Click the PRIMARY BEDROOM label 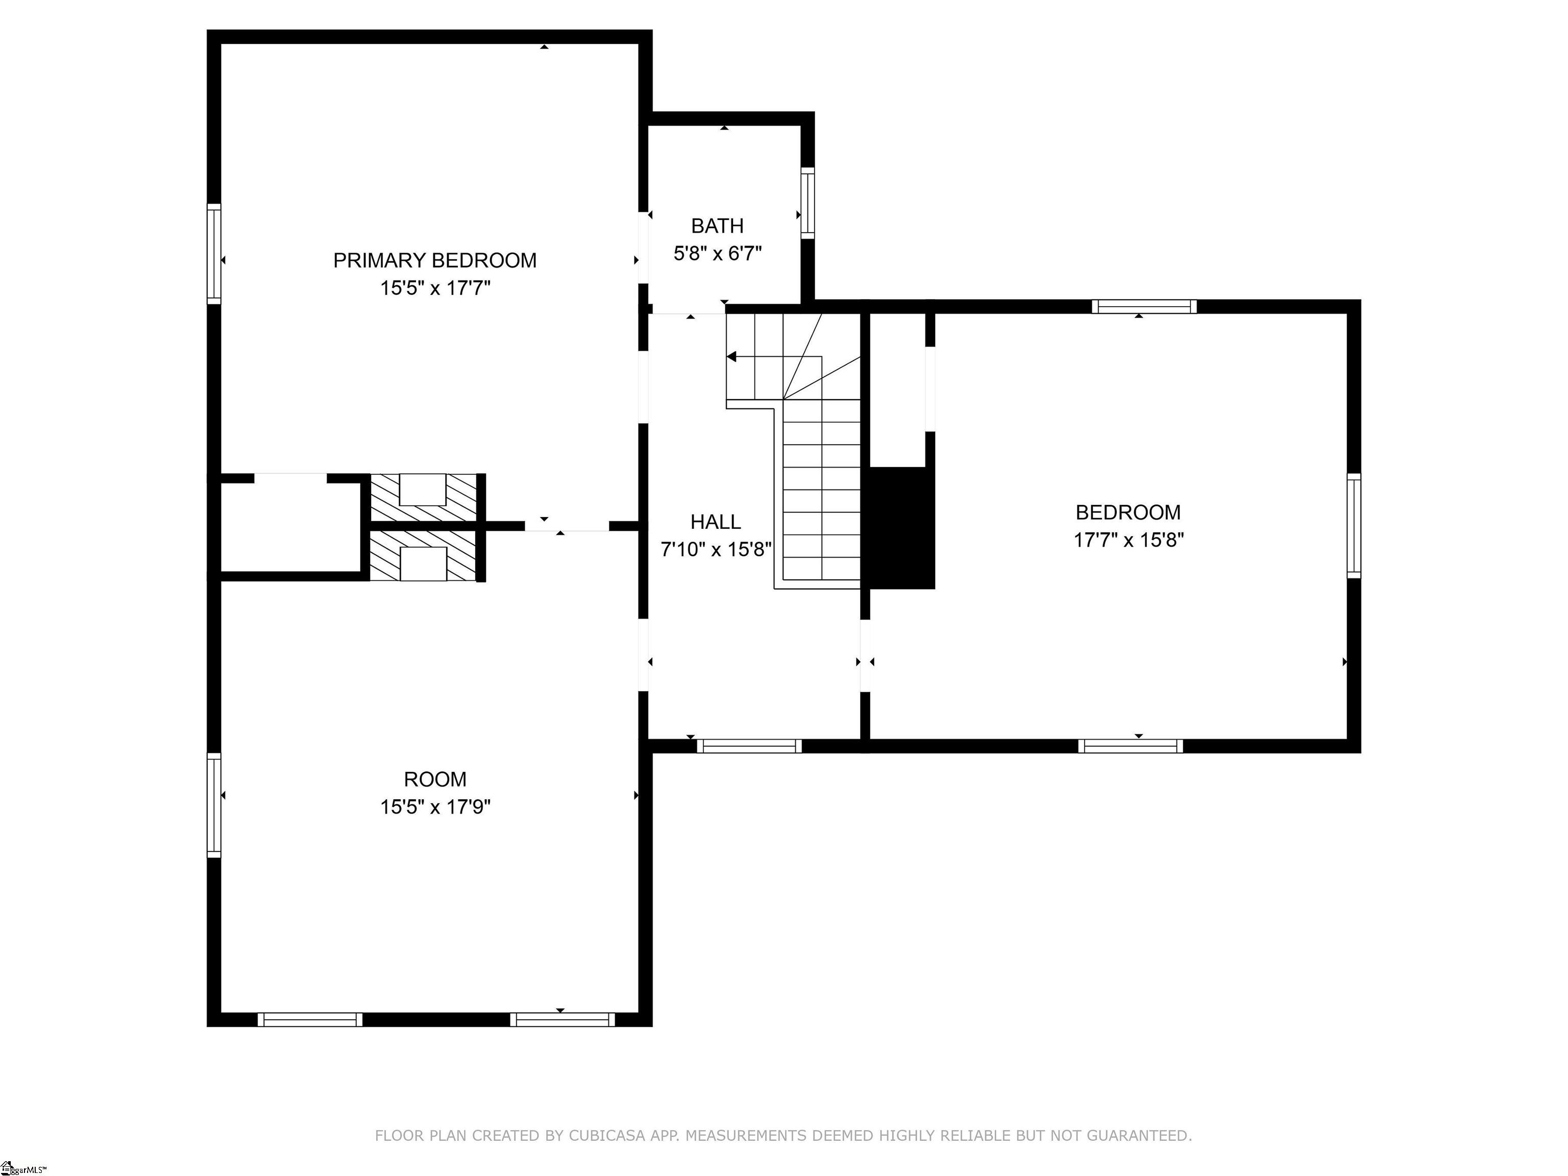[434, 261]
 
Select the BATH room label [717, 226]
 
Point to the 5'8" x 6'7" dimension [717, 254]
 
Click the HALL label [716, 522]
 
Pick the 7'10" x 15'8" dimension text [716, 549]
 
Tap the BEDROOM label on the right [1129, 512]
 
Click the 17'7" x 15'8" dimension [1129, 540]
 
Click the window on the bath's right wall [807, 203]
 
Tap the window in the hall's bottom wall [749, 746]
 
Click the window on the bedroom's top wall [1144, 307]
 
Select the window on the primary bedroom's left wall [214, 254]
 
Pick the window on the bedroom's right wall [1354, 525]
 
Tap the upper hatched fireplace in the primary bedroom [424, 498]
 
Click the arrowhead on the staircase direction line [731, 357]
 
